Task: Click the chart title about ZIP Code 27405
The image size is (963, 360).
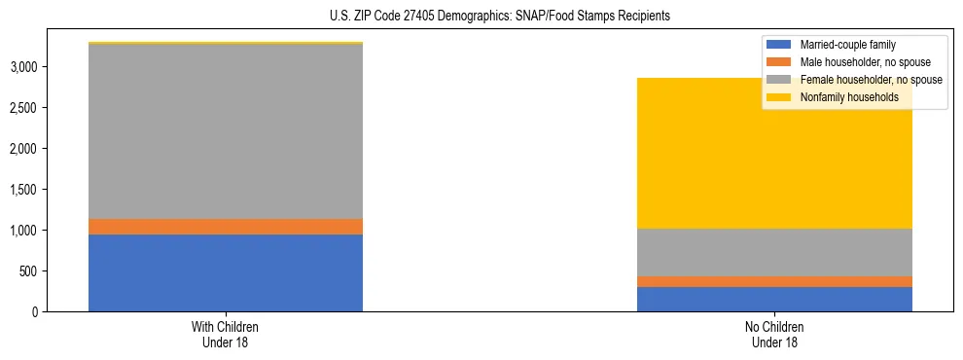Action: coord(481,17)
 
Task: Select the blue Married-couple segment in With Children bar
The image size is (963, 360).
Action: coord(226,272)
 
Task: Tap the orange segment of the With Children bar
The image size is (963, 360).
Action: coord(226,227)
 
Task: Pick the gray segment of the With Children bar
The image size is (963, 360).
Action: coord(226,131)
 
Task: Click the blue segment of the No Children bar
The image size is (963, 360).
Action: coord(774,299)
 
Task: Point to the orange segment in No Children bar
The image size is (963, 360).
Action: coord(774,281)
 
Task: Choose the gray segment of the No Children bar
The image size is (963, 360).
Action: coord(774,252)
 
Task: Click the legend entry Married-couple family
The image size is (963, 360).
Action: coord(847,45)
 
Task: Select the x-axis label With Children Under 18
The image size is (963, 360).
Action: coord(226,334)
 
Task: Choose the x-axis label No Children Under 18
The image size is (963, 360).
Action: coord(774,334)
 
